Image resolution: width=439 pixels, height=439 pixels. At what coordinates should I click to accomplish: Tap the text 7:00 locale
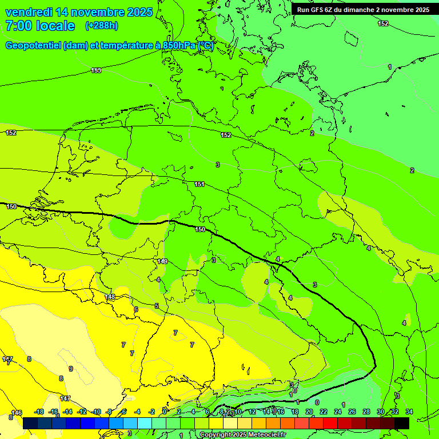(x=40, y=26)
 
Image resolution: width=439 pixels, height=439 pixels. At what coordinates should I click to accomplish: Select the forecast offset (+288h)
(x=102, y=26)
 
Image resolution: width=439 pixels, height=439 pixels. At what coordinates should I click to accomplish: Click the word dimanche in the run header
(x=357, y=10)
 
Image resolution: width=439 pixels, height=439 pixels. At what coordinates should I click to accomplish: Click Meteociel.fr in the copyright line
(x=264, y=435)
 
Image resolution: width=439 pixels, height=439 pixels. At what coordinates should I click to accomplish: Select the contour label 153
(x=96, y=70)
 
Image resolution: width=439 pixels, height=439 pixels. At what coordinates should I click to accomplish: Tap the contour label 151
(x=199, y=184)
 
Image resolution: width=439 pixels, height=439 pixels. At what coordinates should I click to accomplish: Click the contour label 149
(x=162, y=261)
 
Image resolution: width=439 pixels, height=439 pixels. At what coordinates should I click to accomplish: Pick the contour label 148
(x=110, y=297)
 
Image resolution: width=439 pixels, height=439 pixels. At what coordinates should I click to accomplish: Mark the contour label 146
(x=17, y=413)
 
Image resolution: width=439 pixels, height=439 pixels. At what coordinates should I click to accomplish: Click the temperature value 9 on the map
(x=71, y=369)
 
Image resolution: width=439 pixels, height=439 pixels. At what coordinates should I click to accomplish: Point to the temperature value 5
(x=157, y=306)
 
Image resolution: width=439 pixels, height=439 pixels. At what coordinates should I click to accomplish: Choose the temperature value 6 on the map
(x=136, y=309)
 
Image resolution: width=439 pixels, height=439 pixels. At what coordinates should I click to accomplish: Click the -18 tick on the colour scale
(x=39, y=412)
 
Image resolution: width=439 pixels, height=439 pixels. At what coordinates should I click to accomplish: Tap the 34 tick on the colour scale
(x=409, y=412)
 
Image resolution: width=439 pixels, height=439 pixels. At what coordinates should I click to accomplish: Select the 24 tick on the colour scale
(x=337, y=412)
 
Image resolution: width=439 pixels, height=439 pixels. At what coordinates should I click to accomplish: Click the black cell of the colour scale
(x=402, y=423)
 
